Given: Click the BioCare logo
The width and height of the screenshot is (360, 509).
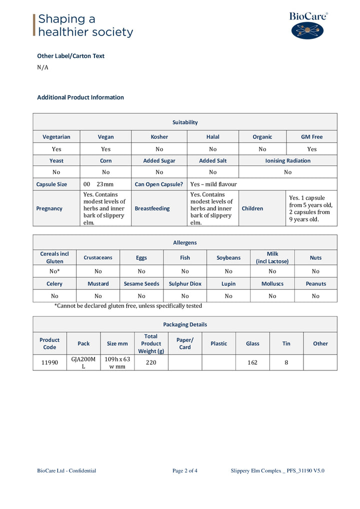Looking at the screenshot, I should coord(308,25).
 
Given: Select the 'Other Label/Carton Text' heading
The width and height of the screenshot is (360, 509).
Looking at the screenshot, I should coord(70,56).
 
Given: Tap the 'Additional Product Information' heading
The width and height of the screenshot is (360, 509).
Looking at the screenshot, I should coord(80,97).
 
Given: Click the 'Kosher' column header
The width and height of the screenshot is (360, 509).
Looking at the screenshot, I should coord(159,136).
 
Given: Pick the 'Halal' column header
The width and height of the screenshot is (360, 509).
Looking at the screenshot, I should coord(212,136).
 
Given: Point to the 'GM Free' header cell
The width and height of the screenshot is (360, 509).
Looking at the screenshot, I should coord(311,136).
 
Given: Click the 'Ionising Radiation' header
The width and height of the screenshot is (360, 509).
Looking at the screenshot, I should coord(287,160).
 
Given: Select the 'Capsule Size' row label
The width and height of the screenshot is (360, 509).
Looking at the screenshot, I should coord(51,184).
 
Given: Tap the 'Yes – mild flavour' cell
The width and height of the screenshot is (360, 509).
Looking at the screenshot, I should coord(213,184).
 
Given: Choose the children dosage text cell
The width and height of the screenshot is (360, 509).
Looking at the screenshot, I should coord(310,208).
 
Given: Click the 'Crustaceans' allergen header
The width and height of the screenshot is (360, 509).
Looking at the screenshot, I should coord(98,257).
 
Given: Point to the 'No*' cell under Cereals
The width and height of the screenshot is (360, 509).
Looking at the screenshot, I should coord(54,271).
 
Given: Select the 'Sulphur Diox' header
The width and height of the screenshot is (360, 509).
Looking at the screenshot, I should coord(185,283).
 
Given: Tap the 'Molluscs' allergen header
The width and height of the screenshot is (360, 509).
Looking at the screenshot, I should coord(272,283).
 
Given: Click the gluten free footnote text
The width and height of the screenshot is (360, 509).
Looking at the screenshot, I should coord(128,305).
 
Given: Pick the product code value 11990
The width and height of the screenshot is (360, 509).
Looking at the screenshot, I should coord(49,362).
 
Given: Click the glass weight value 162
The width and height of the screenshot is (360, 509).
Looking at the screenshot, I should coord(252,362).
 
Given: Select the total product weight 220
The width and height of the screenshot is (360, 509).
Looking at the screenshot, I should coord(151,362).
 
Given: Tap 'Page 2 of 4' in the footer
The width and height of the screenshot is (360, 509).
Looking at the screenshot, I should coord(185,470).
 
